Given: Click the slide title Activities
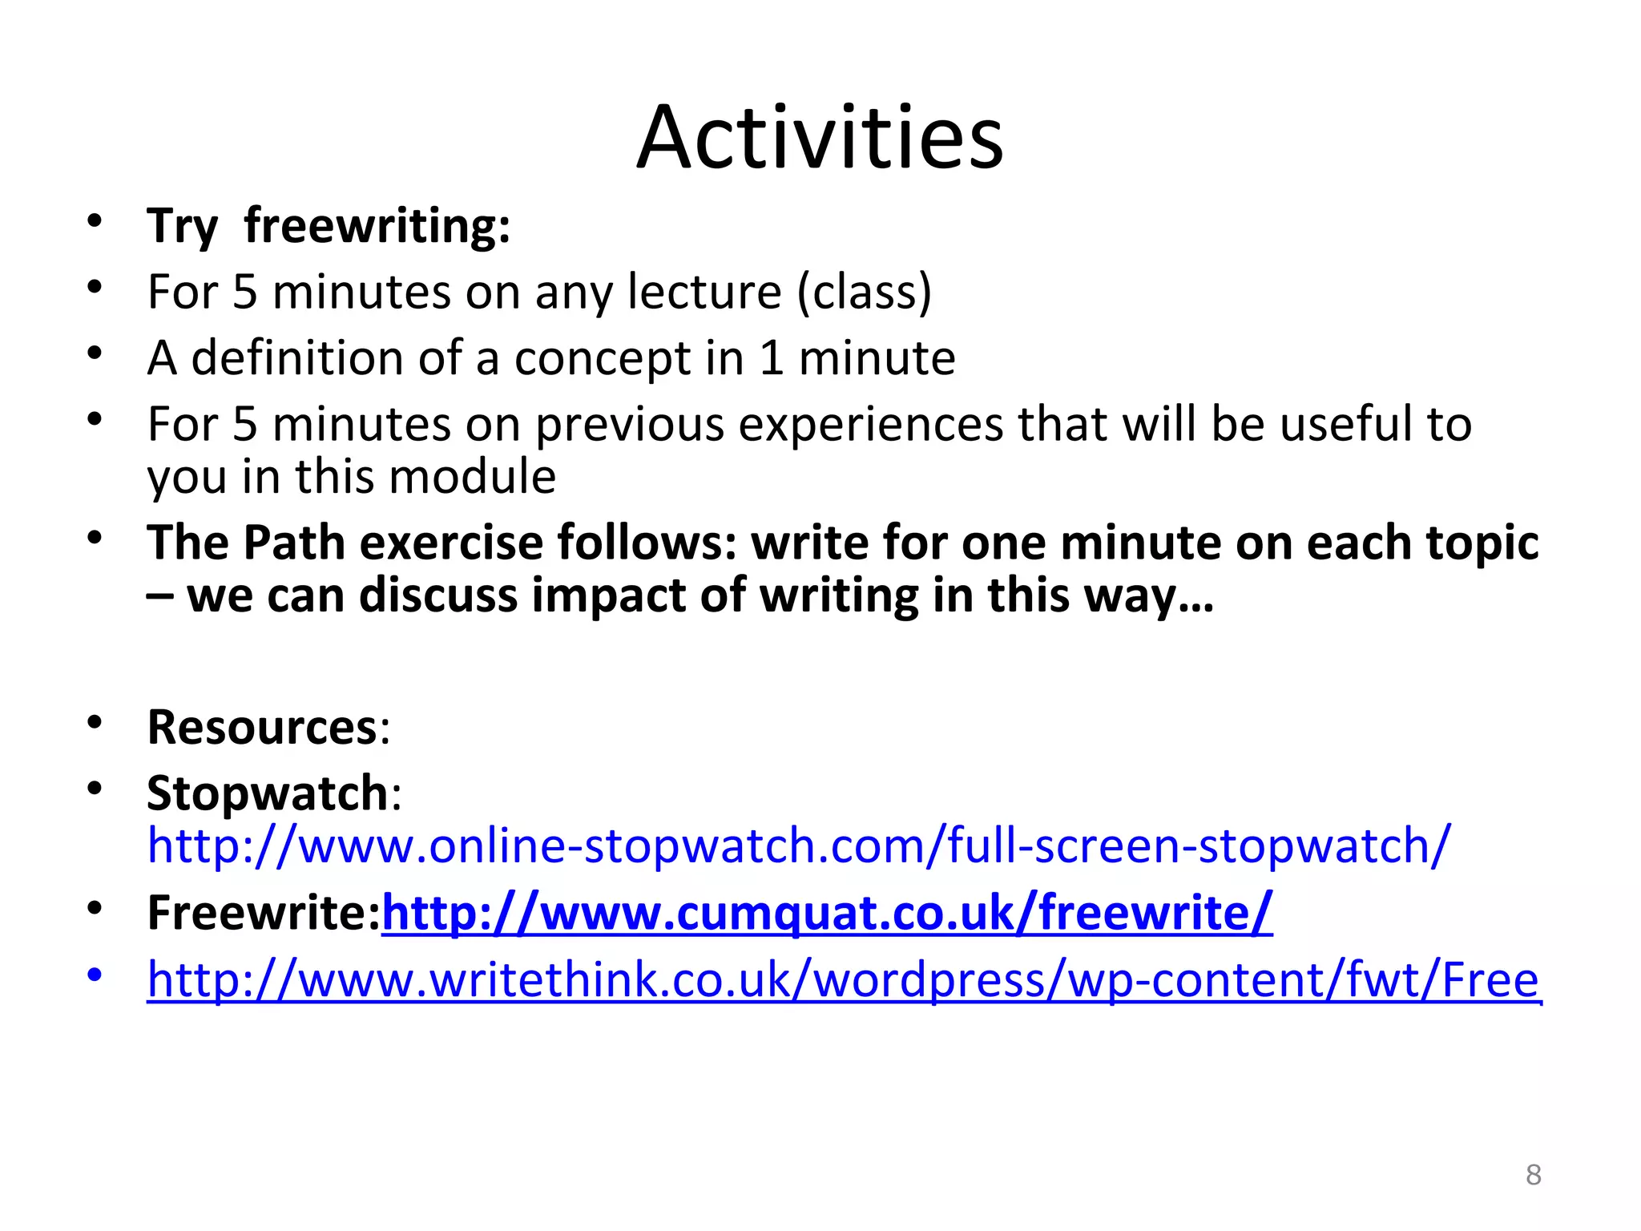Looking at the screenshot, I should [x=820, y=138].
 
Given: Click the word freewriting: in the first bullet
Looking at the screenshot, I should [x=377, y=226].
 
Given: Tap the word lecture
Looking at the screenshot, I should [x=704, y=292].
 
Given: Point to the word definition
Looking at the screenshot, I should [x=296, y=357].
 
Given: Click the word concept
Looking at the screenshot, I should [x=602, y=359].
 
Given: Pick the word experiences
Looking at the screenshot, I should [x=870, y=425].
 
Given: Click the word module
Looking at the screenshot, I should [x=473, y=477].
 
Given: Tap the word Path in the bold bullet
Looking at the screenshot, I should [x=294, y=543].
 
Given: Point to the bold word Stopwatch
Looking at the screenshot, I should [x=268, y=793].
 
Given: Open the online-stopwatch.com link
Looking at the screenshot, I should [x=798, y=846].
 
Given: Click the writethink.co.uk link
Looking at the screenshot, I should [x=843, y=979].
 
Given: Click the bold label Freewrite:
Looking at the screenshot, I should [x=263, y=913].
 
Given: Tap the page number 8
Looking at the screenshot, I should [x=1533, y=1175].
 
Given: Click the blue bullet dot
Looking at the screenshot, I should [x=95, y=975].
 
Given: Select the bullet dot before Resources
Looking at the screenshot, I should [x=95, y=723].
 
